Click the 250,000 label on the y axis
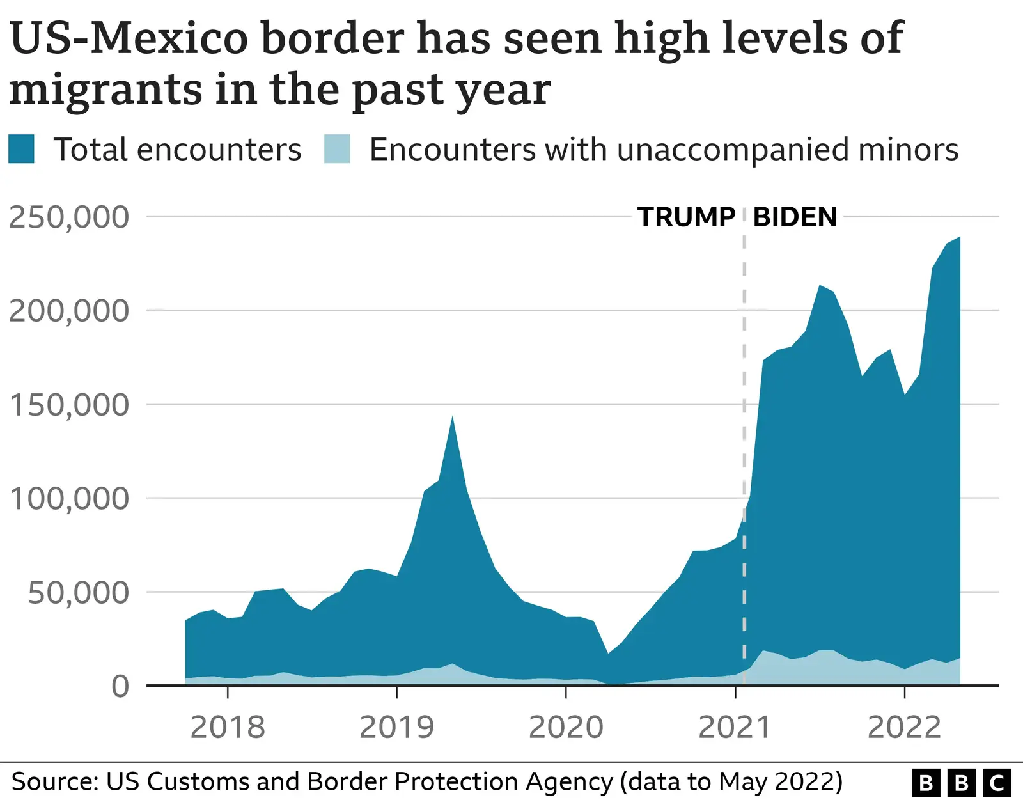point(69,217)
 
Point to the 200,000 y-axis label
point(69,311)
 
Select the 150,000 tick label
point(69,405)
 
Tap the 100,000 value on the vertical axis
point(69,499)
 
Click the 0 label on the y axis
point(120,687)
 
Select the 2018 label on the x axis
point(228,727)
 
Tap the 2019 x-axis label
point(396,727)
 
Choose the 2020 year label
point(566,727)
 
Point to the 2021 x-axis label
point(735,727)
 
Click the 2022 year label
point(904,727)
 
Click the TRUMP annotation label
point(686,217)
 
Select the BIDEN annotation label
point(795,217)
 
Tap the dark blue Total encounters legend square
point(21,150)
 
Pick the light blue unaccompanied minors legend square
point(337,150)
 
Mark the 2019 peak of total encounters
point(453,417)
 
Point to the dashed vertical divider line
point(744,448)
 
